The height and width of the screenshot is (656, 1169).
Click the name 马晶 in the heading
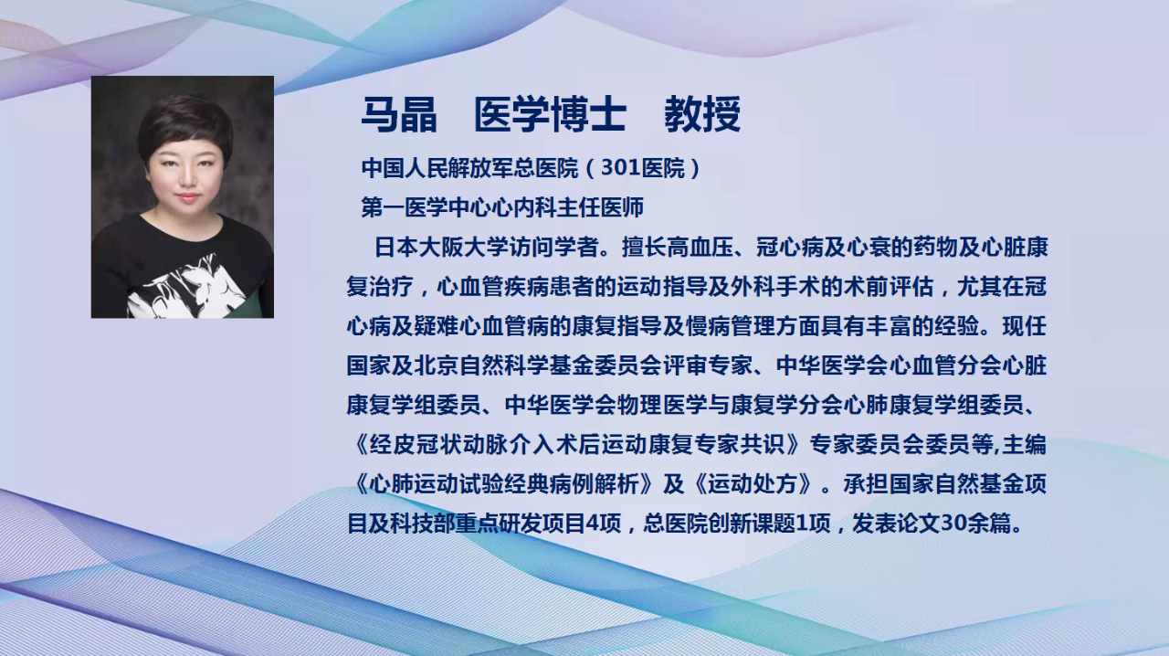point(399,114)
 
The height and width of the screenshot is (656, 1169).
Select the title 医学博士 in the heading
point(550,114)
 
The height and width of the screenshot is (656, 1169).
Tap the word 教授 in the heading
point(702,114)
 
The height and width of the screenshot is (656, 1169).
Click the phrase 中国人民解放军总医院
point(470,169)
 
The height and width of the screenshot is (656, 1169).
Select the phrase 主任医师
point(600,208)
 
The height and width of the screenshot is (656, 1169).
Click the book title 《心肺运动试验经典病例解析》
point(502,484)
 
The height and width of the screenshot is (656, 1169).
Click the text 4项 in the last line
point(605,524)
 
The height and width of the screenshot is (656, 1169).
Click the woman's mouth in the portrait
point(186,197)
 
